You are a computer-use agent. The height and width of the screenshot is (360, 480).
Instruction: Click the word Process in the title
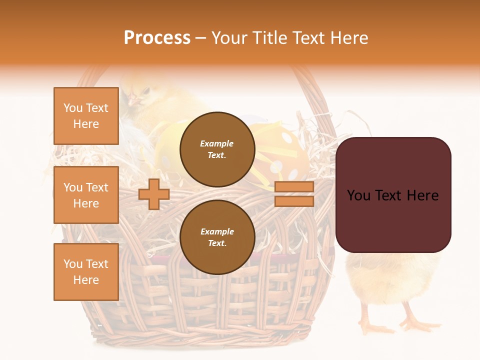157,38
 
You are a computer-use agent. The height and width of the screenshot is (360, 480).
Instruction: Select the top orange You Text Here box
86,116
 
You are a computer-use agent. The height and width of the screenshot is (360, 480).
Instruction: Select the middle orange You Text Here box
86,195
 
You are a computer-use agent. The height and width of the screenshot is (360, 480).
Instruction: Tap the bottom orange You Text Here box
86,271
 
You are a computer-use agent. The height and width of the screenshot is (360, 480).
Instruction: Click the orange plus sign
154,194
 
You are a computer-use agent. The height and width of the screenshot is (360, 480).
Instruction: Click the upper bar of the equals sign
294,187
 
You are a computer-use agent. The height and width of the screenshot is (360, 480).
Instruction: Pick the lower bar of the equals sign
294,201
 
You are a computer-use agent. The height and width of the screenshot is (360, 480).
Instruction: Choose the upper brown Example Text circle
217,149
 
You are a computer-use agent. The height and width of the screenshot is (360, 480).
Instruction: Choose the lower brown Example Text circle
217,237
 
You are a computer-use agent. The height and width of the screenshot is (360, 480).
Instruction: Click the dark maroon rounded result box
393,195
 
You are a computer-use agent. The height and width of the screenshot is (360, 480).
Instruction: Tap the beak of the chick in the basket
133,100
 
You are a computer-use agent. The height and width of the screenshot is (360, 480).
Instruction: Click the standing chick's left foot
375,327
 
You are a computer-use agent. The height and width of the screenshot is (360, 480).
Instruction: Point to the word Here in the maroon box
422,195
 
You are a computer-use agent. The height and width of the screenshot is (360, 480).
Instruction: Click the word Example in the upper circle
217,143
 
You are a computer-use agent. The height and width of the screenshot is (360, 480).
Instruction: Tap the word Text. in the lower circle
217,243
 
